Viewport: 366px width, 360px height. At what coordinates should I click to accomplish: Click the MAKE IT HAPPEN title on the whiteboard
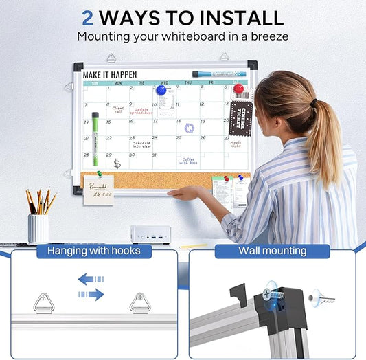[110, 74]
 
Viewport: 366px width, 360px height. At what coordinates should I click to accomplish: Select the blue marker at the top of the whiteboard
[214, 74]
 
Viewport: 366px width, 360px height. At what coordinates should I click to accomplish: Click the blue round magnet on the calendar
[161, 90]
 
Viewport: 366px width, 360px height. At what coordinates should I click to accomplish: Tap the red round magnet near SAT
[238, 89]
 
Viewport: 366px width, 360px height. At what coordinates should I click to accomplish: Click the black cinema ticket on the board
[241, 118]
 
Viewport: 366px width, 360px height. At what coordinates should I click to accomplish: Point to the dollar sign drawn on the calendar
[117, 163]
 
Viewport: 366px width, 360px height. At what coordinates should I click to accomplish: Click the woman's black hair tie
[314, 104]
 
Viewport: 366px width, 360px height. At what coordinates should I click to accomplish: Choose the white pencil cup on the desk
[38, 228]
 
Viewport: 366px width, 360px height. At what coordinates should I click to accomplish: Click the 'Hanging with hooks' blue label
[93, 251]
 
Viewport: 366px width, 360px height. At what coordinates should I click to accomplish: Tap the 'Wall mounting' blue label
[272, 251]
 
